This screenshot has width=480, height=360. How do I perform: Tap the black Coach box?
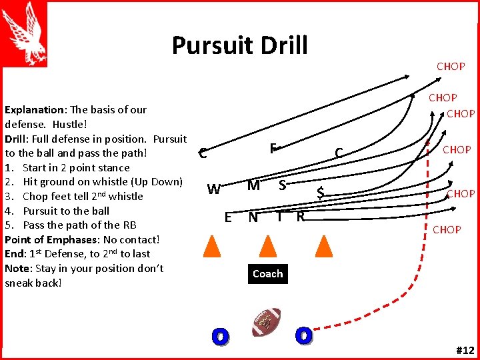267,274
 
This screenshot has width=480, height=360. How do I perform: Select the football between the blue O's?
267,323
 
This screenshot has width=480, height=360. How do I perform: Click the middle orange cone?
267,246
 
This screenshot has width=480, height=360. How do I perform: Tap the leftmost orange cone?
211,246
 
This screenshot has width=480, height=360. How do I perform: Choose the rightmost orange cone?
323,246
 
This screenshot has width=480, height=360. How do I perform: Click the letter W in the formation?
213,189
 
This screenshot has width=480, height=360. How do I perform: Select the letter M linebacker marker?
253,185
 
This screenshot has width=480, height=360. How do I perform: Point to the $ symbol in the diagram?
321,193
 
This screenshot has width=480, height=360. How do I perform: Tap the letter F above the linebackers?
273,148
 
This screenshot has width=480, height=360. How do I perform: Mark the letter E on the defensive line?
228,217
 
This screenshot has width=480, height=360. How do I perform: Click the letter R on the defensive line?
301,216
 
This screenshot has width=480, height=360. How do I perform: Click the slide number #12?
465,350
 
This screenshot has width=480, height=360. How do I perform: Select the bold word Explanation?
30,109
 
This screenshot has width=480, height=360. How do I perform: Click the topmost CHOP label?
451,66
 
